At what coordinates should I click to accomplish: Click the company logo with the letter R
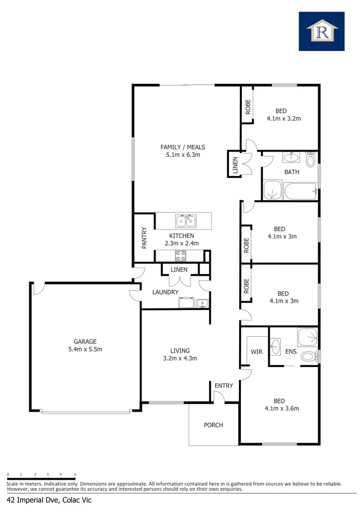click(x=322, y=32)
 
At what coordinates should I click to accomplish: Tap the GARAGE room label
click(x=85, y=342)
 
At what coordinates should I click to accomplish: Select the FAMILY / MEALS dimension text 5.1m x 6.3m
click(x=180, y=155)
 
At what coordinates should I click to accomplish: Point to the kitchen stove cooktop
click(x=180, y=255)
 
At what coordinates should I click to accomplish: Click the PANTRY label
click(x=144, y=237)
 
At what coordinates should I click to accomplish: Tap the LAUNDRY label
click(x=165, y=292)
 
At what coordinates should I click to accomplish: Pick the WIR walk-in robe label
click(x=256, y=352)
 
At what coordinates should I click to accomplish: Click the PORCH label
click(x=213, y=425)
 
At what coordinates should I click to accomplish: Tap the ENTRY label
click(x=224, y=386)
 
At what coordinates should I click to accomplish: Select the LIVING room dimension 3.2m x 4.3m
click(x=180, y=358)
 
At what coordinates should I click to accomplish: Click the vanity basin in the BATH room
click(x=290, y=157)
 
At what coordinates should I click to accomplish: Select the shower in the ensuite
click(x=307, y=337)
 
